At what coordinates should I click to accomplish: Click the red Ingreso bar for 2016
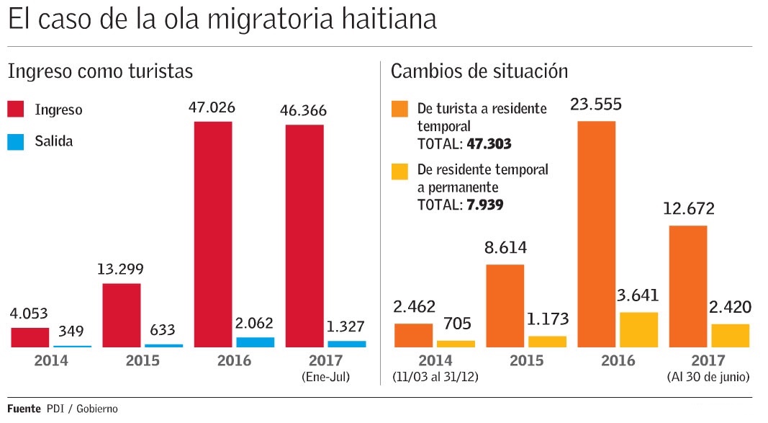(x=213, y=234)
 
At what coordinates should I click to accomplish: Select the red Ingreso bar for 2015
(x=122, y=315)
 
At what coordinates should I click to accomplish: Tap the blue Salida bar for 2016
(x=256, y=342)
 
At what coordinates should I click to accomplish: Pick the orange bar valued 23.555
(x=597, y=234)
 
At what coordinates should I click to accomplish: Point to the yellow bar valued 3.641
(x=639, y=330)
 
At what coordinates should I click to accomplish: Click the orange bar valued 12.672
(x=688, y=286)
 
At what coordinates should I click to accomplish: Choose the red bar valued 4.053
(x=30, y=337)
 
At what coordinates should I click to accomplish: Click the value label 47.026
(x=213, y=108)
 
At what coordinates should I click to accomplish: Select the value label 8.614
(x=505, y=249)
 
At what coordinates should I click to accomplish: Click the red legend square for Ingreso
(x=17, y=110)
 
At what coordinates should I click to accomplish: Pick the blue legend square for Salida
(x=17, y=141)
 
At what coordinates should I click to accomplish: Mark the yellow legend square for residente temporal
(x=399, y=171)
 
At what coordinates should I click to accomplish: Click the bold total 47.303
(x=489, y=144)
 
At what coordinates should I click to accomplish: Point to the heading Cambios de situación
(x=479, y=71)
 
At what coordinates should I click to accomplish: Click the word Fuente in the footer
(x=24, y=409)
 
